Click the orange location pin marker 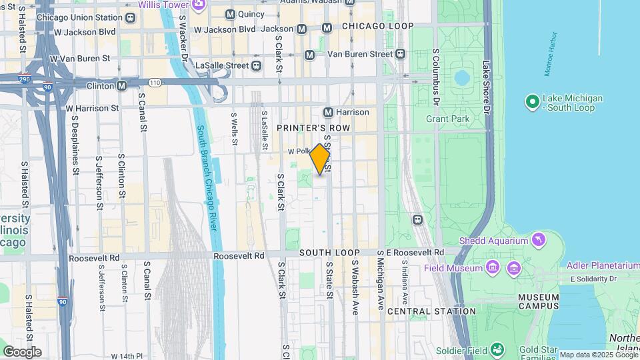(x=320, y=159)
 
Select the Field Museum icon (x=492, y=268)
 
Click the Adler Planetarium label (x=603, y=265)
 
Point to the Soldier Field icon (x=497, y=349)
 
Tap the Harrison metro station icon (x=328, y=112)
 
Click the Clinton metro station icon (x=121, y=85)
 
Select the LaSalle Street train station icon (x=256, y=65)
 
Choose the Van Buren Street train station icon (x=399, y=53)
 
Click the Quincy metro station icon (x=230, y=14)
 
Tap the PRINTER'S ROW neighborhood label (x=313, y=127)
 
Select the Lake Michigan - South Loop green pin (x=532, y=102)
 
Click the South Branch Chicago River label (x=207, y=178)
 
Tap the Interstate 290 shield (x=24, y=78)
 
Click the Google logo (x=21, y=351)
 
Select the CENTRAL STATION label (x=431, y=311)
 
